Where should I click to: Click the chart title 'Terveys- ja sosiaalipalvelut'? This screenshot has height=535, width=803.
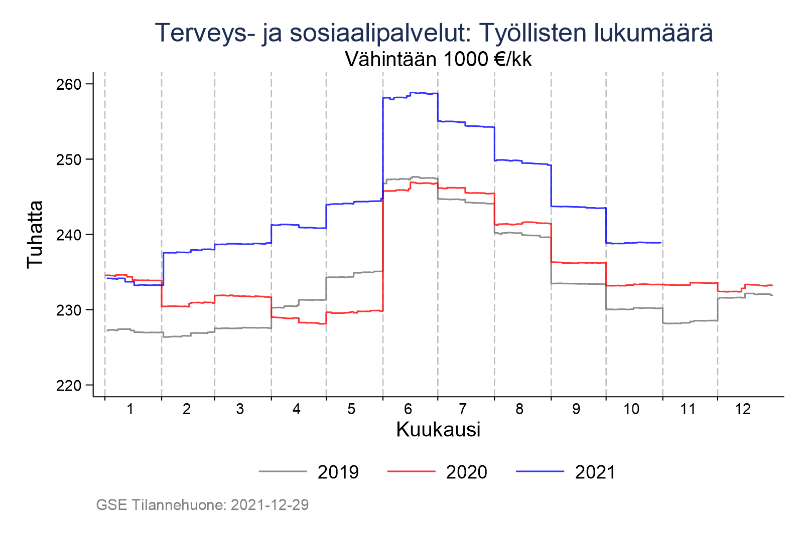(x=434, y=33)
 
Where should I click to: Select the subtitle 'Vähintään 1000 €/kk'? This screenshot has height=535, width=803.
(x=438, y=60)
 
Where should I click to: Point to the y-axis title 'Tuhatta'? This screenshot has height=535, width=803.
(x=35, y=234)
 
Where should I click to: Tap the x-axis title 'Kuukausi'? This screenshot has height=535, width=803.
(x=438, y=430)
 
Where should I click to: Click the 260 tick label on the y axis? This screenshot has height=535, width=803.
(x=68, y=84)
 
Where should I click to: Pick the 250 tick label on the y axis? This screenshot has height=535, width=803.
(x=68, y=159)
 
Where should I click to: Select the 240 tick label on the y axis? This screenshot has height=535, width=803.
(x=68, y=235)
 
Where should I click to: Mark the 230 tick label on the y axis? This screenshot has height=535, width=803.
(x=68, y=310)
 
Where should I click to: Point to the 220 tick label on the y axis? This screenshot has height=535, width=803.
(x=68, y=385)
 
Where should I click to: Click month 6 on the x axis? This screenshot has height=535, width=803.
(x=408, y=409)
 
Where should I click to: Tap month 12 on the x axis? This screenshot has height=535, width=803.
(x=743, y=409)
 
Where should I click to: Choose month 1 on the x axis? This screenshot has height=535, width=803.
(x=130, y=409)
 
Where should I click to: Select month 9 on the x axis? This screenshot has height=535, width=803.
(x=576, y=409)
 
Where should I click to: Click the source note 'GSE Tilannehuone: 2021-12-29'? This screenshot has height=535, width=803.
(x=202, y=505)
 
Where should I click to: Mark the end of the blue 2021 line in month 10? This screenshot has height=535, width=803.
(x=660, y=243)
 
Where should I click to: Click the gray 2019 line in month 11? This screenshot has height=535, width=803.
(x=688, y=322)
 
